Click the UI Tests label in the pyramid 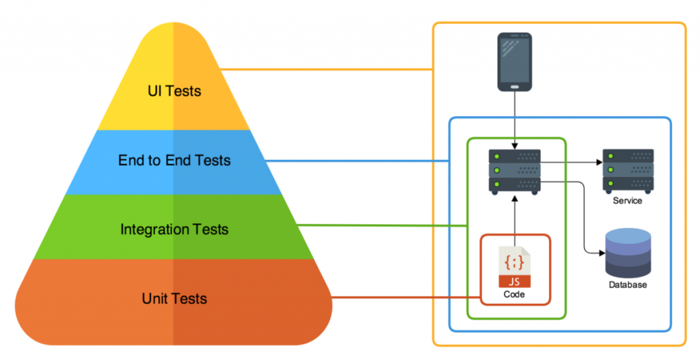click(x=174, y=90)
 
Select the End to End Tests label click(x=174, y=161)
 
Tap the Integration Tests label click(x=174, y=229)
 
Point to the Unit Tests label click(x=174, y=299)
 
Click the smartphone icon click(x=514, y=62)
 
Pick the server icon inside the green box click(x=514, y=171)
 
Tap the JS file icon click(x=513, y=266)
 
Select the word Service click(x=628, y=201)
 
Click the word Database click(x=628, y=285)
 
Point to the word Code click(x=513, y=294)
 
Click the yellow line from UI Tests click(x=328, y=70)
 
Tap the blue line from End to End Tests click(x=355, y=161)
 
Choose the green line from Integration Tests click(x=383, y=225)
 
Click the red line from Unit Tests click(x=403, y=298)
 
